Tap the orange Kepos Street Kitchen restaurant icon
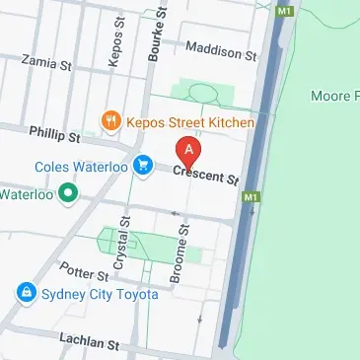[x=111, y=122]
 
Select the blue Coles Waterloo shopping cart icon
[x=144, y=165]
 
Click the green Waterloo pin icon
[x=68, y=193]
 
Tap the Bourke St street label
[x=156, y=37]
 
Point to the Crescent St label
[x=206, y=177]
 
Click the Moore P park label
[x=334, y=98]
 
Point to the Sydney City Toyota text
[x=100, y=294]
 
